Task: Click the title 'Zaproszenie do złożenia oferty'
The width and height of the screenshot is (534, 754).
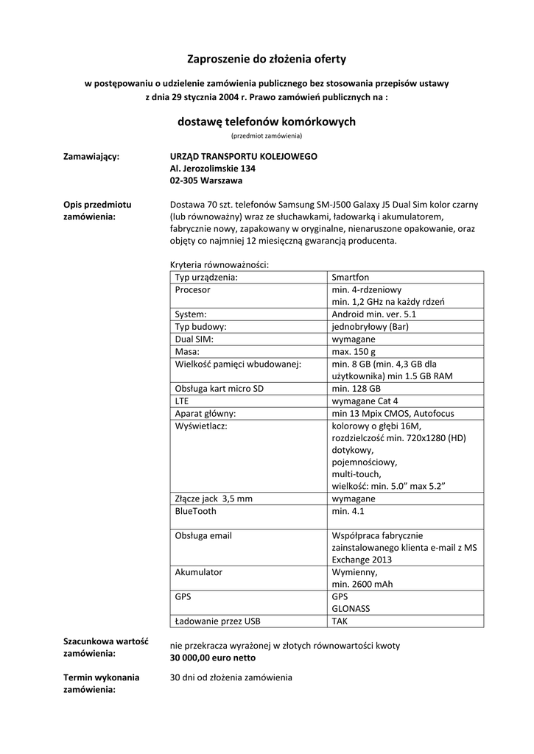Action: [x=267, y=58]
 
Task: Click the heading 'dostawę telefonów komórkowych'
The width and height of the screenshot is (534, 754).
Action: [x=267, y=121]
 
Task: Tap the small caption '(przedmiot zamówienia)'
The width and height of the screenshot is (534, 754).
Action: [x=267, y=136]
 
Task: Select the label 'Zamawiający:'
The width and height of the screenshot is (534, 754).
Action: [x=92, y=157]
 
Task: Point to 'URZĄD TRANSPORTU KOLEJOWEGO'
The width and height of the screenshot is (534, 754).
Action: [x=243, y=157]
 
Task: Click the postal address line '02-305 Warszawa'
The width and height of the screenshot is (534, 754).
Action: [x=206, y=180]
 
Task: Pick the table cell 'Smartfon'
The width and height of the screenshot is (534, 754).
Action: [x=350, y=278]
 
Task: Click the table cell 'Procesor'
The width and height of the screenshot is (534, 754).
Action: [x=192, y=289]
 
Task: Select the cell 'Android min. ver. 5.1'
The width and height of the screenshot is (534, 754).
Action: [x=374, y=314]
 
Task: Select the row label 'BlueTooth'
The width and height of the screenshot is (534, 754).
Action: [x=196, y=510]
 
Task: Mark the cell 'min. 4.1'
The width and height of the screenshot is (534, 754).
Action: [x=348, y=510]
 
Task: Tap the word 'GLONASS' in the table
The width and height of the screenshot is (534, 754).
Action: [x=351, y=609]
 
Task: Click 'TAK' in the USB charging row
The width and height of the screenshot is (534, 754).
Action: [x=340, y=621]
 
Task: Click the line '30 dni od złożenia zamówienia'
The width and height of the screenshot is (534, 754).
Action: [x=231, y=677]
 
